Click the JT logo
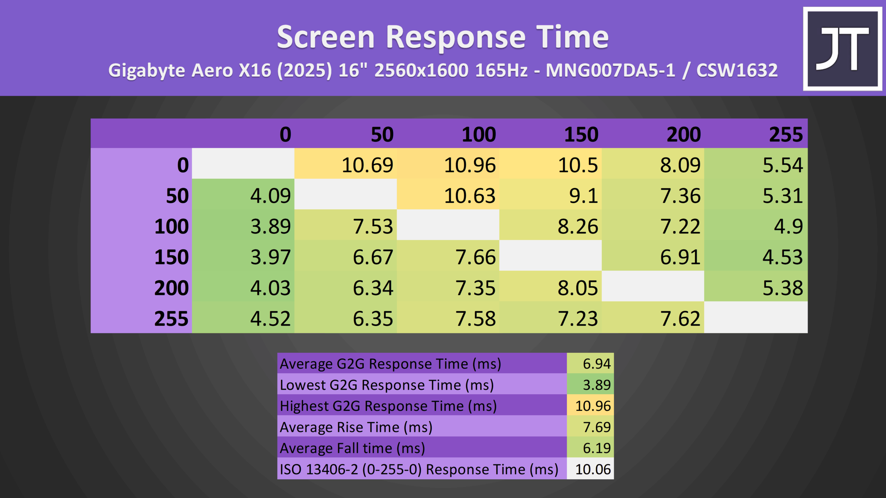(x=842, y=49)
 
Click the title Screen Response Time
(x=443, y=37)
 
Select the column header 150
(x=581, y=134)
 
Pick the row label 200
(x=171, y=288)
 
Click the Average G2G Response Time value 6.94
(x=590, y=363)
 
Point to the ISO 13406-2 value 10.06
(x=590, y=469)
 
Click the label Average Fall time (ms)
(x=352, y=448)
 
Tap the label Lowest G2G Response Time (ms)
(x=387, y=385)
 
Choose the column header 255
(x=786, y=134)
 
